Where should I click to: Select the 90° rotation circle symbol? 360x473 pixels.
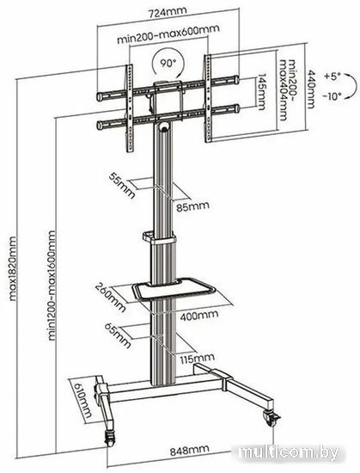click(x=168, y=63)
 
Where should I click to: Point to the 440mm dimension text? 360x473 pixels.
click(x=310, y=89)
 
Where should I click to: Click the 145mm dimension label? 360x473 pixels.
click(x=261, y=92)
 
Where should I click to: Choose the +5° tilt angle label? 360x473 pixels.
click(x=333, y=76)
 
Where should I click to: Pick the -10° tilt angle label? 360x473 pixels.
click(x=333, y=96)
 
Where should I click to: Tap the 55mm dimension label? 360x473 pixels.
click(x=122, y=185)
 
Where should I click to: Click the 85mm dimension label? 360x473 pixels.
click(x=192, y=206)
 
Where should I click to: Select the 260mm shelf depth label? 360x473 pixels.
click(x=111, y=298)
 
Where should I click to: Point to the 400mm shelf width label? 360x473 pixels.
click(x=199, y=316)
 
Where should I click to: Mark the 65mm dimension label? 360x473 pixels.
click(x=118, y=335)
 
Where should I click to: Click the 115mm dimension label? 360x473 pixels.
click(x=198, y=359)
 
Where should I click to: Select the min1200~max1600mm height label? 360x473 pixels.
click(x=52, y=286)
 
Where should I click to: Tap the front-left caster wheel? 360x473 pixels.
click(x=110, y=438)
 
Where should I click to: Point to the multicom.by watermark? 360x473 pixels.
click(x=289, y=451)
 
